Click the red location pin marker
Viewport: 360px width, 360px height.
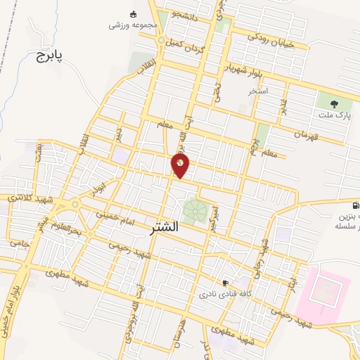coord(181,166)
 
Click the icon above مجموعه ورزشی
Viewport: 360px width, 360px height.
coord(134,13)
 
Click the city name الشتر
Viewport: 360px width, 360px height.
coord(165,228)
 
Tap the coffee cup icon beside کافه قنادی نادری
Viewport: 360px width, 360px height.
coord(225,283)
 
